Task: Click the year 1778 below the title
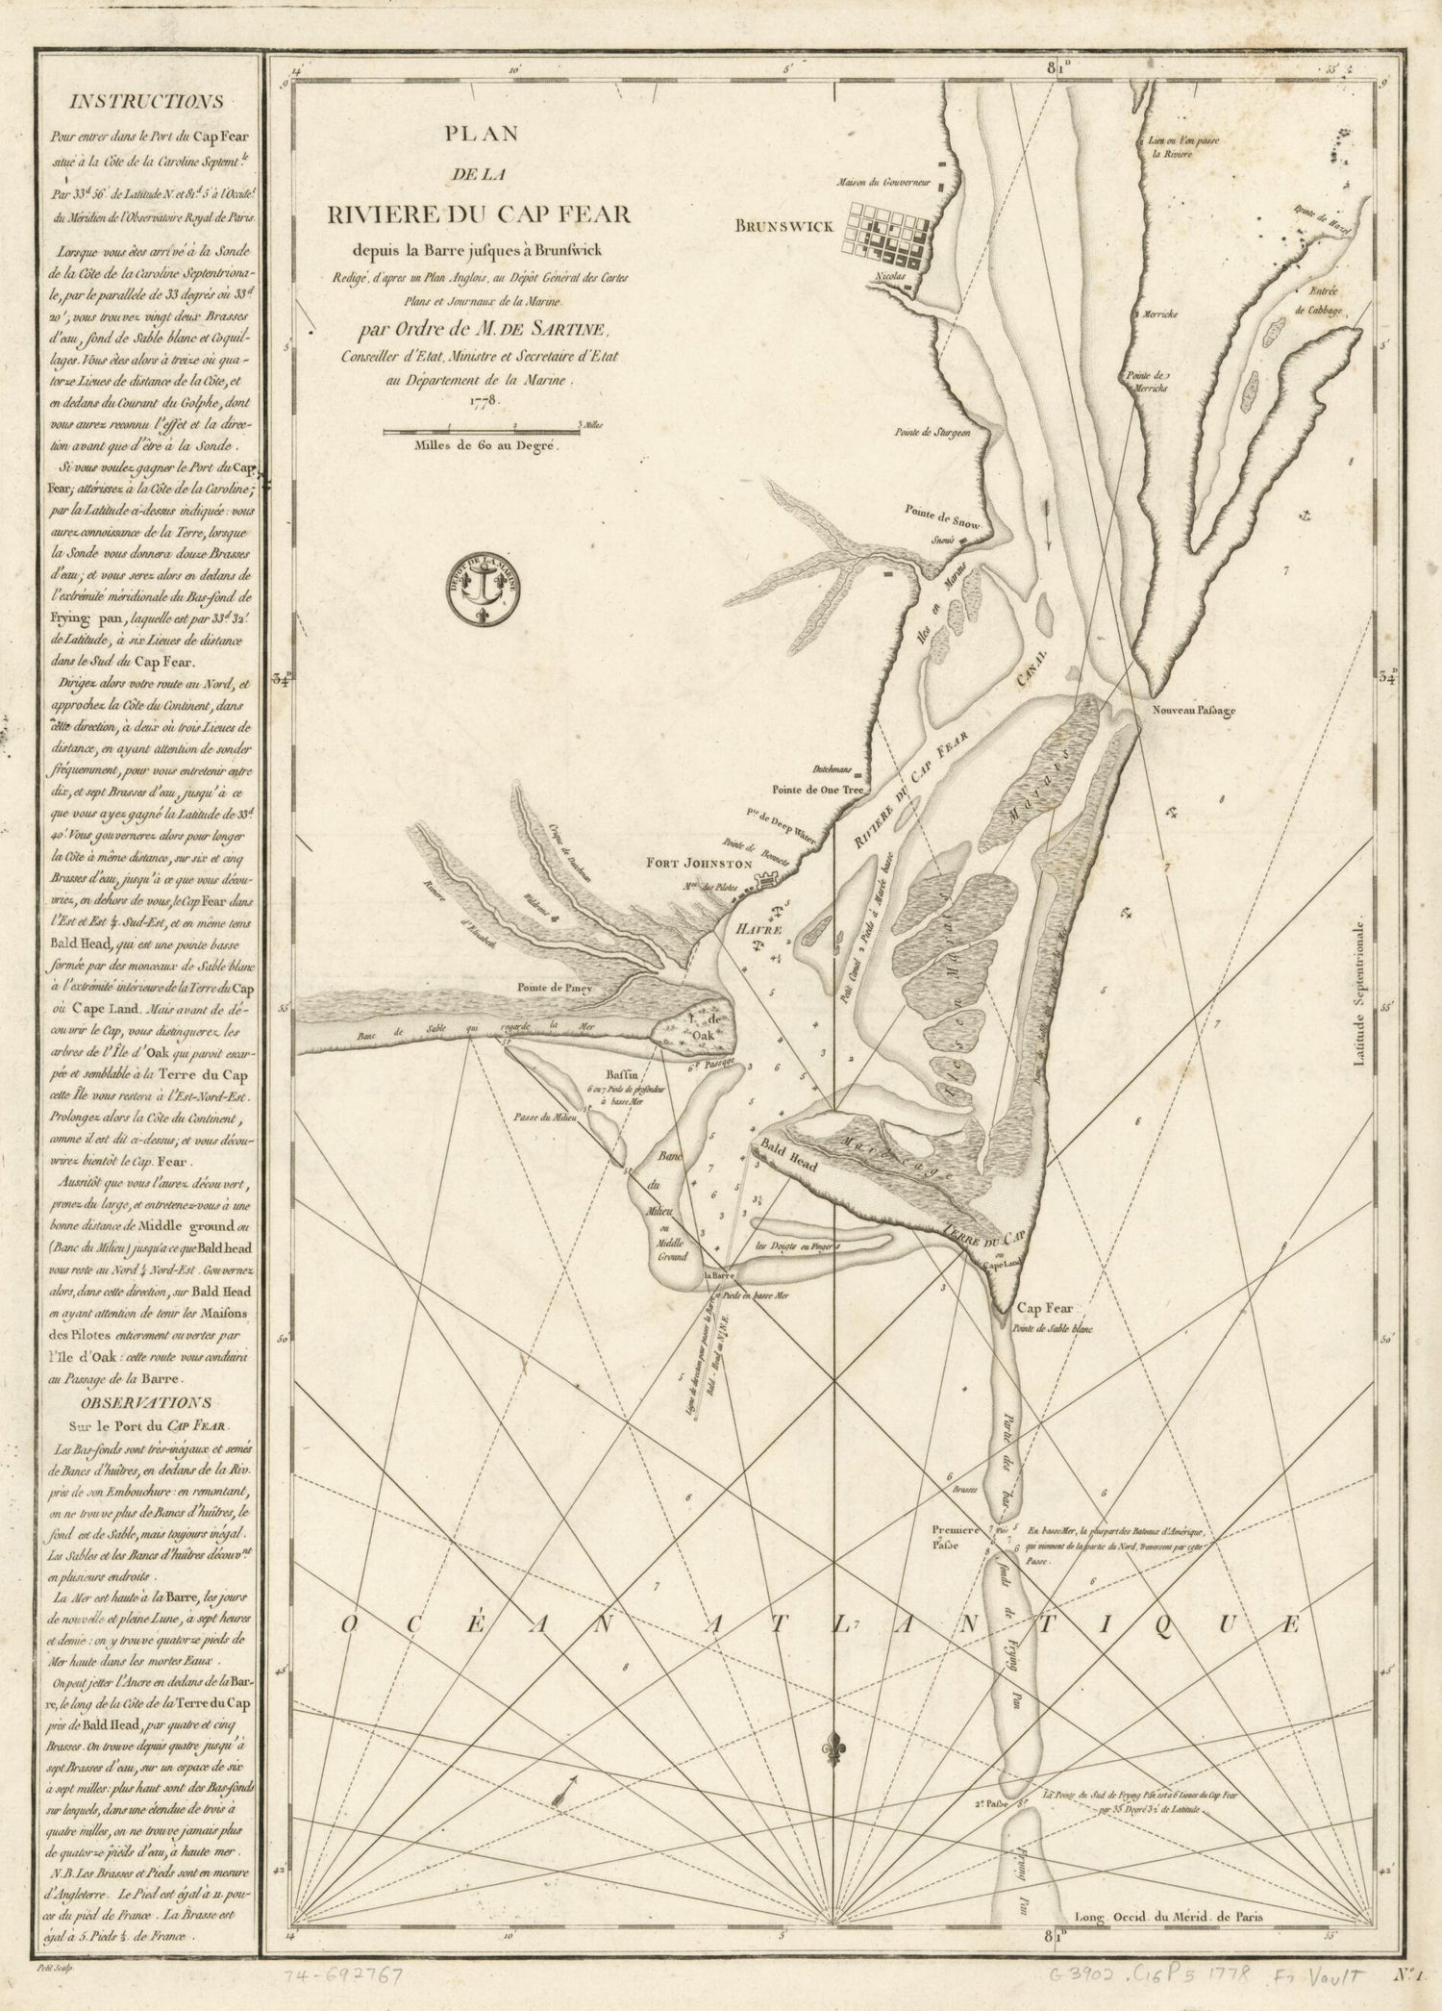(x=483, y=401)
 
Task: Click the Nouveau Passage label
(x=1187, y=711)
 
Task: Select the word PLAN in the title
(x=481, y=135)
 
